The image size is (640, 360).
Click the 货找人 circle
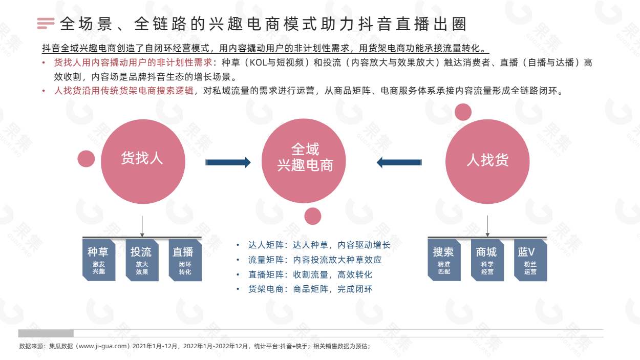pos(143,161)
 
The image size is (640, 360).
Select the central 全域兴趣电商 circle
pos(304,161)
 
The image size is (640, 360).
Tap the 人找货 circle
pos(487,161)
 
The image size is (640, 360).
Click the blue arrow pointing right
pos(228,162)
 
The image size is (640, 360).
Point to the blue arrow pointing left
pos(399,162)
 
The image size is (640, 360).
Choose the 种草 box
pos(99,260)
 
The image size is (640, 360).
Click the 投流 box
pos(142,260)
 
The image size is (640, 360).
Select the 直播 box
pos(185,260)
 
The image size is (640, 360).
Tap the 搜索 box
pos(444,260)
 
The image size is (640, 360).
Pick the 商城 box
pos(487,260)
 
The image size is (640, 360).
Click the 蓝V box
pos(530,260)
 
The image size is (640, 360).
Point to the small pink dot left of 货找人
pos(86,159)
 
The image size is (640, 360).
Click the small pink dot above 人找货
pos(463,112)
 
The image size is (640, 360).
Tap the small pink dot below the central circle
pos(312,216)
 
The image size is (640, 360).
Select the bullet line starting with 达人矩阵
pos(313,245)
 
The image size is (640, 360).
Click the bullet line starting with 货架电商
pos(305,289)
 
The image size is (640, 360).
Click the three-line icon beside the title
pos(46,23)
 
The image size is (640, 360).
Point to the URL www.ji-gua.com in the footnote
pos(102,346)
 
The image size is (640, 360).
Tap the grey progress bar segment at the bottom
pos(46,333)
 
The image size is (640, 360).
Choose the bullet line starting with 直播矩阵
pos(305,274)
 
